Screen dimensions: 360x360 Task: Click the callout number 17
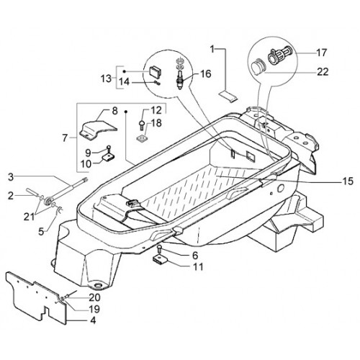pyautogui.click(x=321, y=53)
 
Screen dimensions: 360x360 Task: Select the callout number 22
pyautogui.click(x=323, y=71)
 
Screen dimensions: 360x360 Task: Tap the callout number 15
pyautogui.click(x=348, y=181)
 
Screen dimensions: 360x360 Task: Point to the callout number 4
pyautogui.click(x=93, y=320)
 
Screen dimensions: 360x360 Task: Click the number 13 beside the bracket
pyautogui.click(x=106, y=78)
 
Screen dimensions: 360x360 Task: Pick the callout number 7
pyautogui.click(x=65, y=138)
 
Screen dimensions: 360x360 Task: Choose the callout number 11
pyautogui.click(x=198, y=266)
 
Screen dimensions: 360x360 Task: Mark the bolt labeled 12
pyautogui.click(x=141, y=125)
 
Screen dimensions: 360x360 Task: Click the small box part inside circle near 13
pyautogui.click(x=155, y=71)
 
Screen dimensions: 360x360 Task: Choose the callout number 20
pyautogui.click(x=94, y=297)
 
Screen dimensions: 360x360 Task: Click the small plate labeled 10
pyautogui.click(x=109, y=157)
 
